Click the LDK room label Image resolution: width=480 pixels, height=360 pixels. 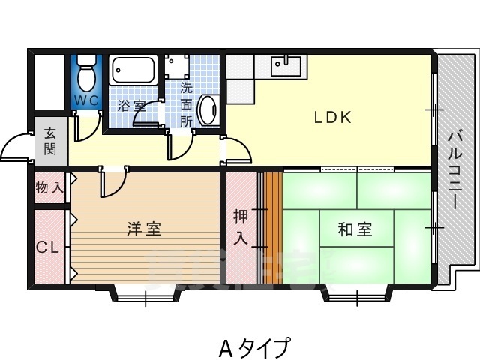(333, 117)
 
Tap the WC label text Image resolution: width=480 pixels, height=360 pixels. (87, 100)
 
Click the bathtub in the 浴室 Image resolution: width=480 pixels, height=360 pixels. (133, 70)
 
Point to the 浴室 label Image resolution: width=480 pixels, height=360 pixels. (132, 106)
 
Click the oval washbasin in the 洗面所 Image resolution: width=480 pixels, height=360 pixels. (208, 109)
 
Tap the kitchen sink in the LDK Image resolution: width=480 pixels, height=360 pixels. (286, 67)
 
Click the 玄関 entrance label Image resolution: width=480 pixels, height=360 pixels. (50, 141)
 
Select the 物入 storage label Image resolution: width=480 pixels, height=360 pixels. (49, 187)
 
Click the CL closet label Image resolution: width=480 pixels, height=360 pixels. (48, 247)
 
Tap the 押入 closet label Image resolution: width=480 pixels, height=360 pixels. (241, 227)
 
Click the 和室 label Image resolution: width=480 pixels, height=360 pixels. (355, 229)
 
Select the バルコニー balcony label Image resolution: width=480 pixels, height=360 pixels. (455, 169)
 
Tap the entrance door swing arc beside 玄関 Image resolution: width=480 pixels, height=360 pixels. (15, 145)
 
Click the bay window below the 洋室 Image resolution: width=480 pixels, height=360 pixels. (145, 293)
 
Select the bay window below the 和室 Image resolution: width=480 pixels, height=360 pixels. (357, 293)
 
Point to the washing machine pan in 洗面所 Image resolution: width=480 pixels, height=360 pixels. (177, 67)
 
